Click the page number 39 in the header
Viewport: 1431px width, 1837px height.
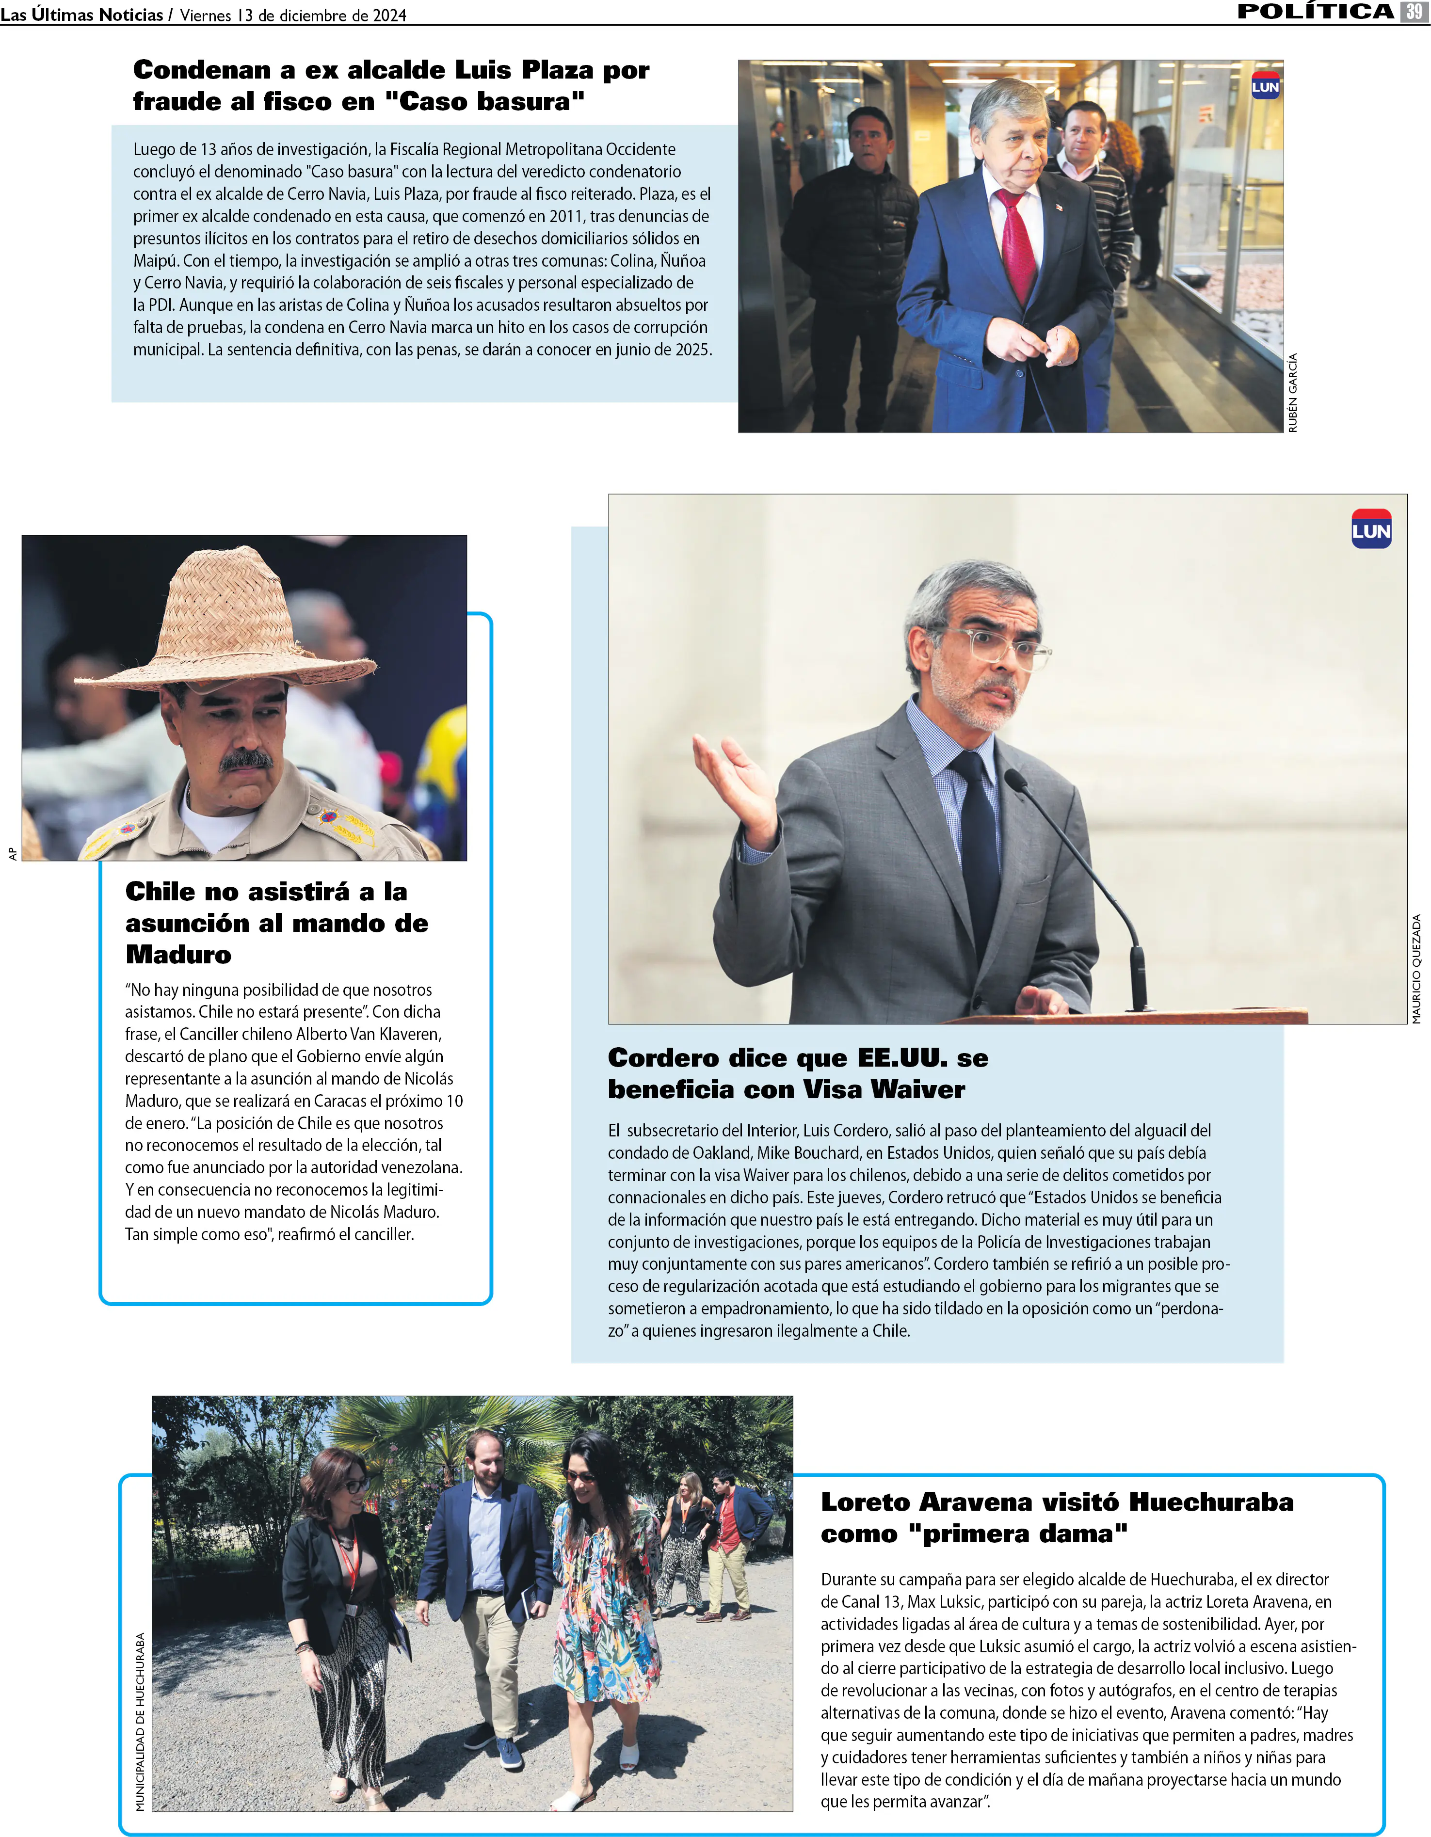click(x=1414, y=12)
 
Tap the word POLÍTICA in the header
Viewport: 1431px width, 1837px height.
click(x=1316, y=12)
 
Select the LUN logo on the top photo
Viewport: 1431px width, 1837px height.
click(x=1265, y=86)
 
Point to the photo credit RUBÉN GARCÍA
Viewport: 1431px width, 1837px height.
click(x=1293, y=393)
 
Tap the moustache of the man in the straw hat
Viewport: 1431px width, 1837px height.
click(x=246, y=760)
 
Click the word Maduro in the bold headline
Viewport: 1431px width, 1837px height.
click(x=178, y=955)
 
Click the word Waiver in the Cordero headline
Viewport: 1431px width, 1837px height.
click(x=918, y=1089)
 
